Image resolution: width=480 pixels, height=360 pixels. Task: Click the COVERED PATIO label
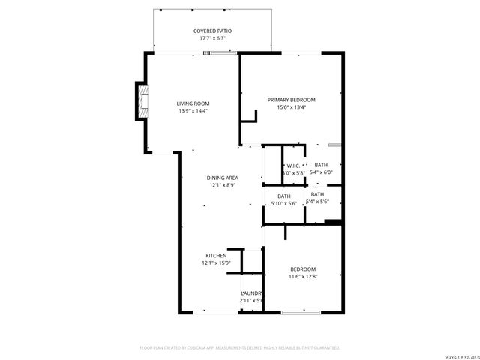[x=212, y=31]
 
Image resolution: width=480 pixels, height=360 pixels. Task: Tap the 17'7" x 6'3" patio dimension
[x=212, y=38]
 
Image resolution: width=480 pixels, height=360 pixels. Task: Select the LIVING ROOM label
[x=193, y=103]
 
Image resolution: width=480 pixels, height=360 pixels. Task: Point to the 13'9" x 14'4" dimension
[x=193, y=111]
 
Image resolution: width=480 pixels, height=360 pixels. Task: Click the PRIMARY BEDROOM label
[x=292, y=100]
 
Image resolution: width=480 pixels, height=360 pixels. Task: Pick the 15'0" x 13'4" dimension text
[x=292, y=107]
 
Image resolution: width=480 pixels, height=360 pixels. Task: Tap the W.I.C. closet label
[x=292, y=166]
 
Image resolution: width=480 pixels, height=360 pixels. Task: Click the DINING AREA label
[x=223, y=178]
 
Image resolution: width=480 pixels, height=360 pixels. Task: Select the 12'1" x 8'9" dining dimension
[x=223, y=185]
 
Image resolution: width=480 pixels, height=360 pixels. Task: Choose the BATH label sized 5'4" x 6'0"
[x=321, y=165]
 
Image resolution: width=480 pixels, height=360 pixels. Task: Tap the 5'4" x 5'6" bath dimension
[x=317, y=202]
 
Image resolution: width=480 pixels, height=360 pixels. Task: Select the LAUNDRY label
[x=252, y=293]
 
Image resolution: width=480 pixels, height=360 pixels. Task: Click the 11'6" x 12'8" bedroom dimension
[x=303, y=277]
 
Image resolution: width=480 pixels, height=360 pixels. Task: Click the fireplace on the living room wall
[x=140, y=101]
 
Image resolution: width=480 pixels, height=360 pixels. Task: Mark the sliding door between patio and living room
[x=223, y=52]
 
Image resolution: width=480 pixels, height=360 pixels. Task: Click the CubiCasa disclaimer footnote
[x=240, y=348]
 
